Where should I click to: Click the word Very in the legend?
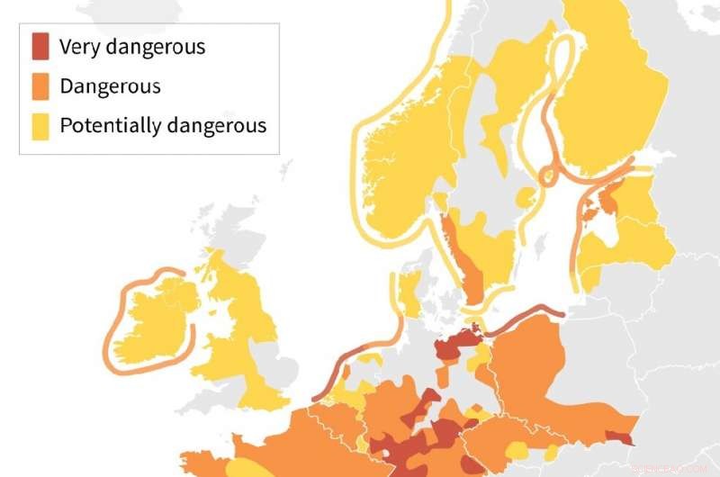[76, 47]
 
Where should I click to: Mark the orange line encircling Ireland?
[110, 333]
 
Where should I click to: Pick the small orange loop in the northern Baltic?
[546, 176]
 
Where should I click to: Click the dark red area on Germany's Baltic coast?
[454, 346]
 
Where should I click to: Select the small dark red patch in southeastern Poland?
[619, 437]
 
